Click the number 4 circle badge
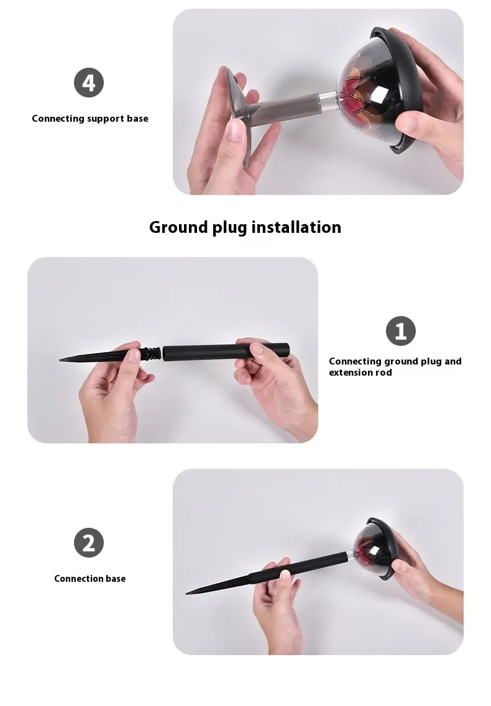[x=89, y=83]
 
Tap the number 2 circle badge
[x=89, y=543]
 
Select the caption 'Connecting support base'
[x=90, y=119]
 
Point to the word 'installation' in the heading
[x=296, y=227]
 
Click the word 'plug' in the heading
[x=230, y=228]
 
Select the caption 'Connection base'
[x=89, y=579]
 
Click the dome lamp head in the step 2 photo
[x=376, y=546]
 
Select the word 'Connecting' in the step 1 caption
[x=354, y=361]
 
